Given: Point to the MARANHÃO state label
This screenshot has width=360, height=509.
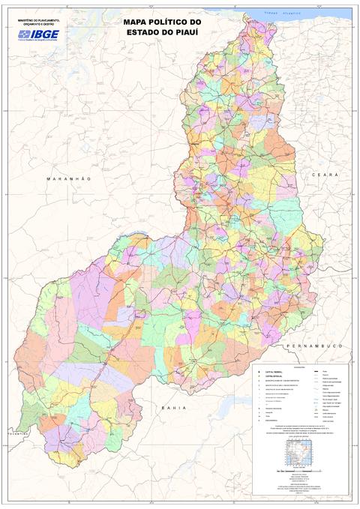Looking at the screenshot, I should click(x=67, y=179).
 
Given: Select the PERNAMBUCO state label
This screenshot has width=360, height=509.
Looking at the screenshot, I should click(x=313, y=346).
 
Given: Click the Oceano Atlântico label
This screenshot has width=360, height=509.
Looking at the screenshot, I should click(x=282, y=13).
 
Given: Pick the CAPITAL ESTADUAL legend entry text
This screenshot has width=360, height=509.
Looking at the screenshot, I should click(x=273, y=376).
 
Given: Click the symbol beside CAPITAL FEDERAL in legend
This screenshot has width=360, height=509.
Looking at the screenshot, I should click(x=258, y=372).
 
